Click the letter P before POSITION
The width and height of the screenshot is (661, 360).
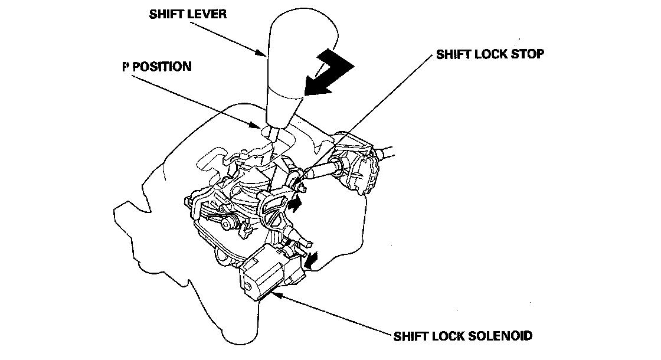pyautogui.click(x=126, y=66)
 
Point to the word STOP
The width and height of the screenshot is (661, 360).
pyautogui.click(x=526, y=54)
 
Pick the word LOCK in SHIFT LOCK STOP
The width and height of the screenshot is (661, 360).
pyautogui.click(x=490, y=54)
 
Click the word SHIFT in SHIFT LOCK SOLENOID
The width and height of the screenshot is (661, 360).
pyautogui.click(x=411, y=336)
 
